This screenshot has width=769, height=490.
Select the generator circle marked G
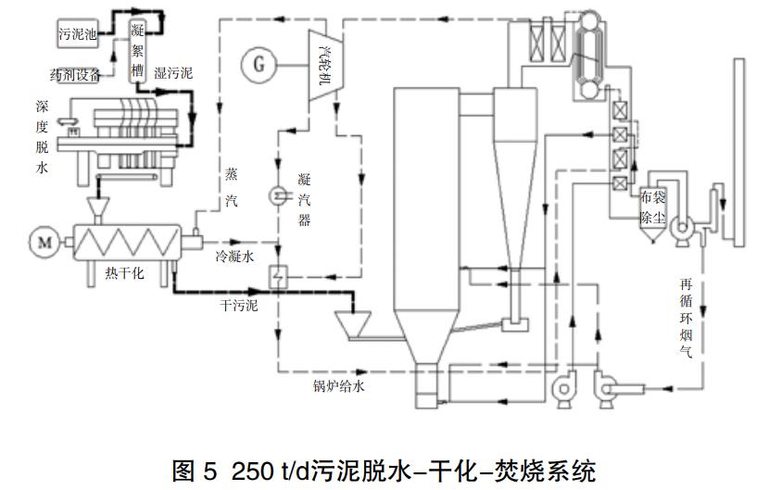pyautogui.click(x=258, y=64)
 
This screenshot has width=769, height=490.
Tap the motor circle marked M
pyautogui.click(x=43, y=243)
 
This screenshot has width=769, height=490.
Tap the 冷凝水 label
pyautogui.click(x=234, y=256)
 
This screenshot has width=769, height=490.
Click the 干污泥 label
pyautogui.click(x=238, y=305)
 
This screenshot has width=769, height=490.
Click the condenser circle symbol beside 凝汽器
pyautogui.click(x=277, y=195)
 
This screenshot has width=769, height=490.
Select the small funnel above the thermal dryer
pyautogui.click(x=96, y=206)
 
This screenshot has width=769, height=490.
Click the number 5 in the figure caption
pyautogui.click(x=209, y=468)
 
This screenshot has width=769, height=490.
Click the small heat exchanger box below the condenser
pyautogui.click(x=277, y=275)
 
